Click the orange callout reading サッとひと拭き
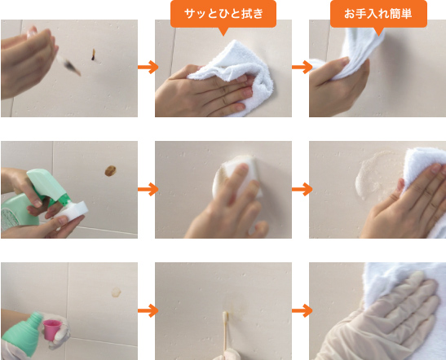[x=223, y=14]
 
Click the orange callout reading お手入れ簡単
[x=377, y=14]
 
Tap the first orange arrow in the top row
[x=147, y=68]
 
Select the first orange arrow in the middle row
[x=147, y=189]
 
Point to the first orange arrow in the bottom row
[x=147, y=310]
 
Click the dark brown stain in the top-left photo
[x=95, y=55]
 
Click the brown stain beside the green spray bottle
[x=109, y=170]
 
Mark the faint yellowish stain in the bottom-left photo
[x=115, y=292]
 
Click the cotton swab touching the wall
[x=222, y=334]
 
